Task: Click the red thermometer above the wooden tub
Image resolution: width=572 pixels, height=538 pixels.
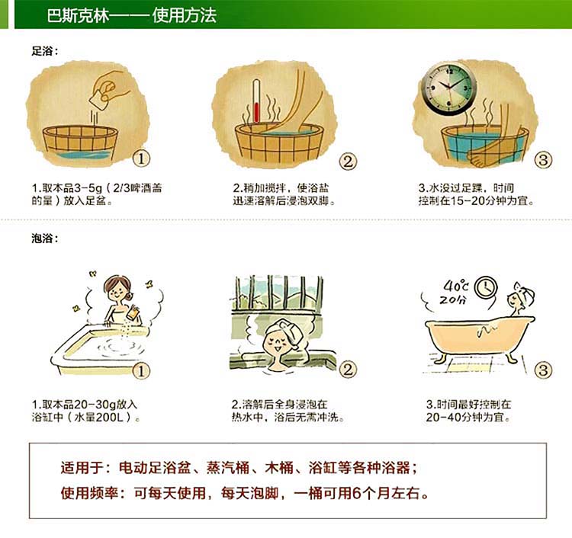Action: point(256,101)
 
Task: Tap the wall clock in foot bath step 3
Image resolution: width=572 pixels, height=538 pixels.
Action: point(448,88)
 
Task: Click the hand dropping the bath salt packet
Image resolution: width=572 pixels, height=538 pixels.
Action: point(110,85)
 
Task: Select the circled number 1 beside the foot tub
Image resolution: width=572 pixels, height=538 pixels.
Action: point(141,159)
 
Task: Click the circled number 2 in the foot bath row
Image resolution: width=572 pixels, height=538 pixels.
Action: point(348,161)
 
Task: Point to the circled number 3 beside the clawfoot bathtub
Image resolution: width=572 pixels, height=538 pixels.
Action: point(543,370)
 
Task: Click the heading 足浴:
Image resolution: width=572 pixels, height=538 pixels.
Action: point(44,51)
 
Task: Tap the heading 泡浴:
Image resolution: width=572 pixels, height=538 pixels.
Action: point(44,239)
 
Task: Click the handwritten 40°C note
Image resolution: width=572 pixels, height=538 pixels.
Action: point(455,286)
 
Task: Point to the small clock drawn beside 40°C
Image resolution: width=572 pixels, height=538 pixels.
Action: point(486,287)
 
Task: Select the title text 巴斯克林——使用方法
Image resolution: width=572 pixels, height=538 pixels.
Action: point(132,15)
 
